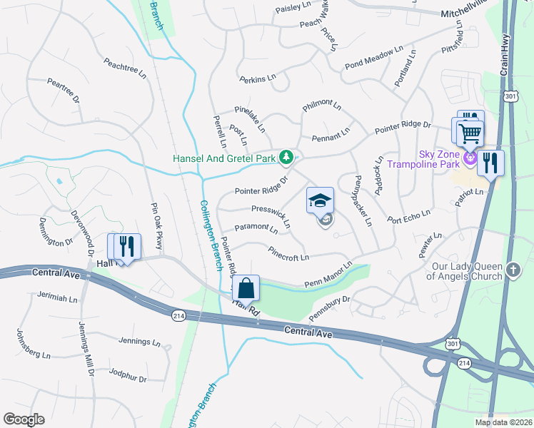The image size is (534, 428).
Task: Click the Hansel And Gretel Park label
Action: (x=225, y=157)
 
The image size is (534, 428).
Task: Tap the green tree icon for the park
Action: (x=286, y=156)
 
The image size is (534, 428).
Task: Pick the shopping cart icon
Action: (x=469, y=133)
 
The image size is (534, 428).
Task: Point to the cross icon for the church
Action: (x=512, y=270)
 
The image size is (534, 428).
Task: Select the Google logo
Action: (x=24, y=419)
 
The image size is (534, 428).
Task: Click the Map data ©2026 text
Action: (x=503, y=422)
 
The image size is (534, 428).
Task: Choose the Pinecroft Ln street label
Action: (x=288, y=253)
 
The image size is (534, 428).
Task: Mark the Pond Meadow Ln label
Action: (x=373, y=58)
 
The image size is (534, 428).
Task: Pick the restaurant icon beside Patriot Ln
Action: (x=490, y=163)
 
